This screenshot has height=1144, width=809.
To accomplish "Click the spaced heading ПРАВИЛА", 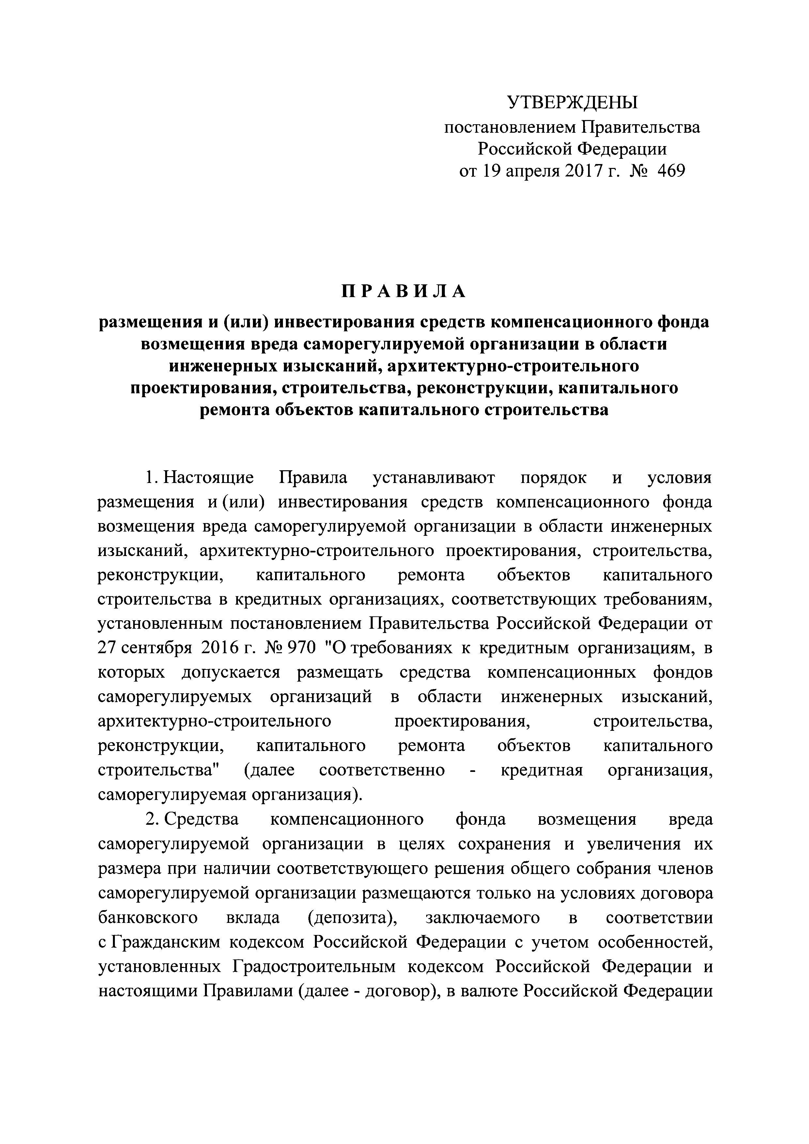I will (404, 292).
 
